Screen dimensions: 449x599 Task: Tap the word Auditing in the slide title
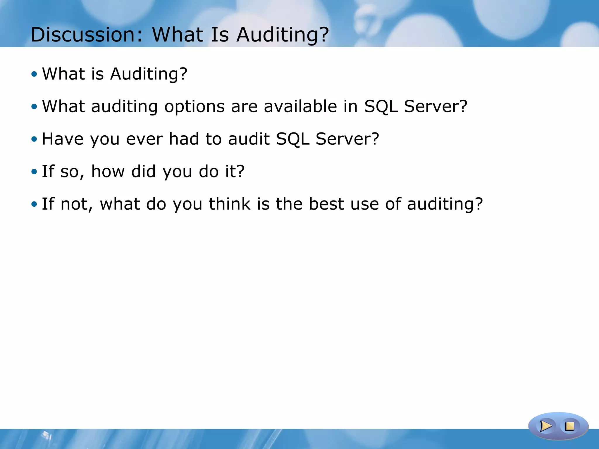[x=283, y=34]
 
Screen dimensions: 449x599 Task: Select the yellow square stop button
[x=569, y=426]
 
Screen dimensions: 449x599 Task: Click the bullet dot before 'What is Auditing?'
[x=34, y=74]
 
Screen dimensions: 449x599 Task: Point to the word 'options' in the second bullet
[x=194, y=106]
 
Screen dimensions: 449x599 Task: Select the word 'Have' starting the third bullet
[x=62, y=139]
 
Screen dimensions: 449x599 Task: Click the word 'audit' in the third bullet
[x=249, y=139]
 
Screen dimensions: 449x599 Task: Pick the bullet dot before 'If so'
[x=34, y=172]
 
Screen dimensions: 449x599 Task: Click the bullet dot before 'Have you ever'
[x=34, y=139]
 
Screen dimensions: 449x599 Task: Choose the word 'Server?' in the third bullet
[x=347, y=139]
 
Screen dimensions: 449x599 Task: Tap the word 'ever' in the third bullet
[x=144, y=139]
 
